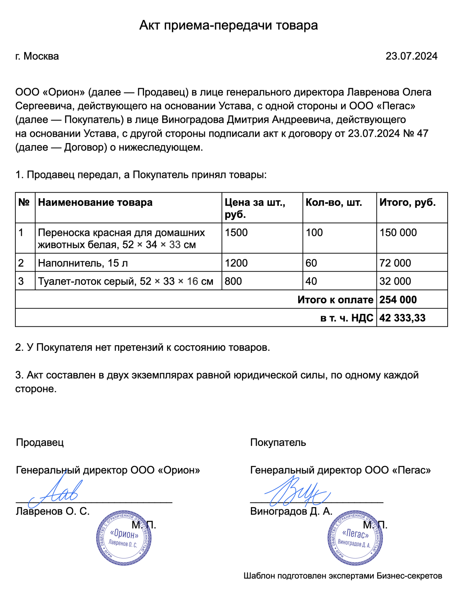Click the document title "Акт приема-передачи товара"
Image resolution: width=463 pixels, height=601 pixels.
pyautogui.click(x=228, y=26)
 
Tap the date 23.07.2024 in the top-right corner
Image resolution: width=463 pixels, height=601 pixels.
pyautogui.click(x=411, y=56)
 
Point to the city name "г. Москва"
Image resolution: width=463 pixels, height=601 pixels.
pyautogui.click(x=37, y=56)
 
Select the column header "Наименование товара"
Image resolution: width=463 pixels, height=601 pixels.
pyautogui.click(x=95, y=202)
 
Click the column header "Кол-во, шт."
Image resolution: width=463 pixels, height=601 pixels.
pyautogui.click(x=334, y=202)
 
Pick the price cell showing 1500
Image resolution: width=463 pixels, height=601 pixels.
pyautogui.click(x=236, y=233)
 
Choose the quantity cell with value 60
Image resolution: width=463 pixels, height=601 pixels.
pyautogui.click(x=311, y=263)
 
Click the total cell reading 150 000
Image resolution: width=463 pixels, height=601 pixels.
pyautogui.click(x=398, y=233)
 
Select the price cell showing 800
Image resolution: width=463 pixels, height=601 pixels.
pyautogui.click(x=233, y=281)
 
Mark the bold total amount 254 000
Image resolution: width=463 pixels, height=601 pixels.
pyautogui.click(x=398, y=300)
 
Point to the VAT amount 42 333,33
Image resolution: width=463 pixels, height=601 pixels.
pyautogui.click(x=402, y=318)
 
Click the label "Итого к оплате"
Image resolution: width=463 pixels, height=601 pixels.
pyautogui.click(x=335, y=300)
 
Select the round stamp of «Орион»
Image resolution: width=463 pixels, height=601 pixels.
pyautogui.click(x=124, y=538)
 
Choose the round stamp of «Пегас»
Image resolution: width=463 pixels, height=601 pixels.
pyautogui.click(x=355, y=538)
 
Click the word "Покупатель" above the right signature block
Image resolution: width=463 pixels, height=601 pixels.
pyautogui.click(x=278, y=442)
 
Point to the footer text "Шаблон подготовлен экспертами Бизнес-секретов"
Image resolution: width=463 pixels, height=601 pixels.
pyautogui.click(x=342, y=576)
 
